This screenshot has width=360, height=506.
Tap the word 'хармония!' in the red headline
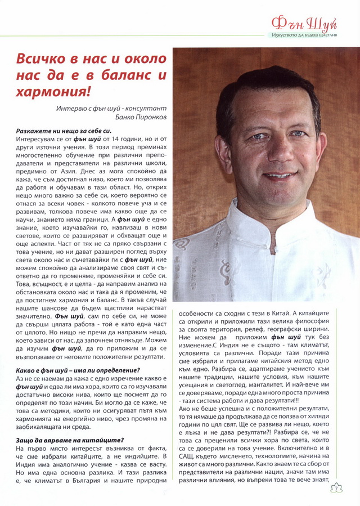[x=53, y=90]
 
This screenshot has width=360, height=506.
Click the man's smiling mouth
[x=280, y=176]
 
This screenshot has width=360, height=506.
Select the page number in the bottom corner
[x=348, y=486]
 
